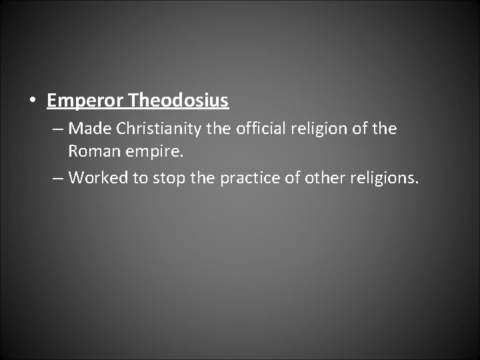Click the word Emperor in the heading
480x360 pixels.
(86, 101)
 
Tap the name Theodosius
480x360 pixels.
(179, 101)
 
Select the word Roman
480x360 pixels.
(91, 151)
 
